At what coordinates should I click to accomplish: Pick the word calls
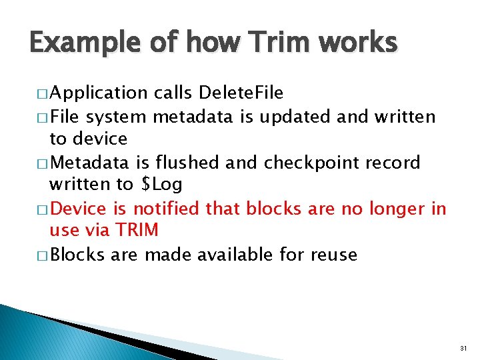coord(175,92)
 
